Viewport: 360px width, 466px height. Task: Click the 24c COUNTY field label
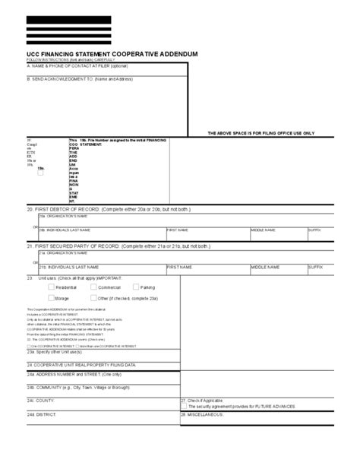41,420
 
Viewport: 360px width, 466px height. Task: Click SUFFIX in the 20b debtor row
315,228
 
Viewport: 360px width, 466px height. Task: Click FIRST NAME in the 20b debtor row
178,228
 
